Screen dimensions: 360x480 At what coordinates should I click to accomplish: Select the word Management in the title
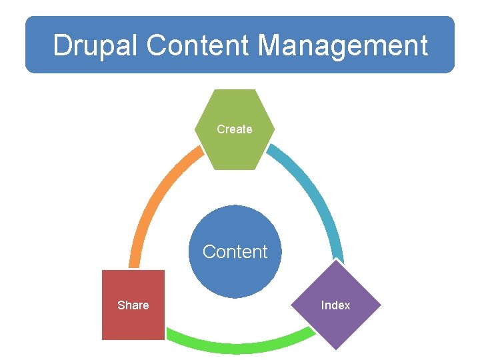[343, 45]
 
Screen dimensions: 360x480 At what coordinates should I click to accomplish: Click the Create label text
[235, 129]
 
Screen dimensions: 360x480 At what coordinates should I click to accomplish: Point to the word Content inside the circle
[235, 252]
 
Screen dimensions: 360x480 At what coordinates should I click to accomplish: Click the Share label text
[133, 305]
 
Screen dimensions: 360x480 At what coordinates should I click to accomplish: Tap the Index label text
[335, 305]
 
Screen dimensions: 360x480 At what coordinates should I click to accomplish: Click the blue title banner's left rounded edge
[28, 45]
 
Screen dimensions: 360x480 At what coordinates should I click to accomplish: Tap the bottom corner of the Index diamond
[336, 348]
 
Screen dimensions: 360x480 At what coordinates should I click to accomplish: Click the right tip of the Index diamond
[380, 305]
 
